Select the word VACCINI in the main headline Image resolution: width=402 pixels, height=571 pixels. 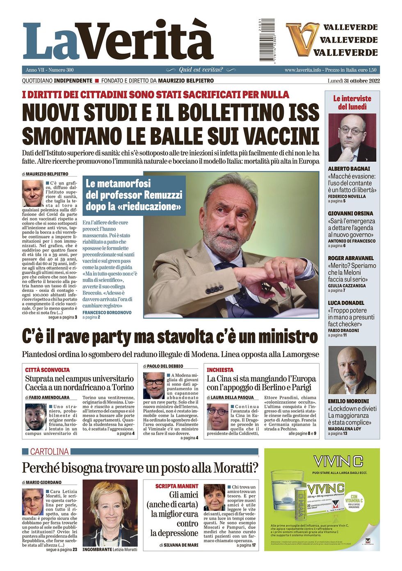pos(278,136)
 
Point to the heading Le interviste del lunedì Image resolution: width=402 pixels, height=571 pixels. pos(352,103)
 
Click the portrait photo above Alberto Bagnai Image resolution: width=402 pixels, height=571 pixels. pos(352,138)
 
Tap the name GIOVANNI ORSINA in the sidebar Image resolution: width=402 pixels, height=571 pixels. pos(350,213)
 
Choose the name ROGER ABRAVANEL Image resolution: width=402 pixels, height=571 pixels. pos(351,258)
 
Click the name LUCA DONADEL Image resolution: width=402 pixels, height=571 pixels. pos(346,303)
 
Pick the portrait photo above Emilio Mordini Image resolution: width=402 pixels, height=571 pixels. pos(352,370)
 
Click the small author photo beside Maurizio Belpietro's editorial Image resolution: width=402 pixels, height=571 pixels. pos(32,193)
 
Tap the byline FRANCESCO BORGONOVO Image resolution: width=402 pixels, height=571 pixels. pos(107,312)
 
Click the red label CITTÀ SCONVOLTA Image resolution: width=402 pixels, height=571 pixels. pos(48,370)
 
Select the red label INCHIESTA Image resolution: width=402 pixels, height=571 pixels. pos(220,370)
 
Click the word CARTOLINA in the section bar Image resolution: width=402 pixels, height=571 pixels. pos(49,452)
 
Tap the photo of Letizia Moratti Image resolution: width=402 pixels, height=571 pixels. pos(110,514)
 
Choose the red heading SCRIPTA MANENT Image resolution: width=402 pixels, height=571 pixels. pos(176,486)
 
